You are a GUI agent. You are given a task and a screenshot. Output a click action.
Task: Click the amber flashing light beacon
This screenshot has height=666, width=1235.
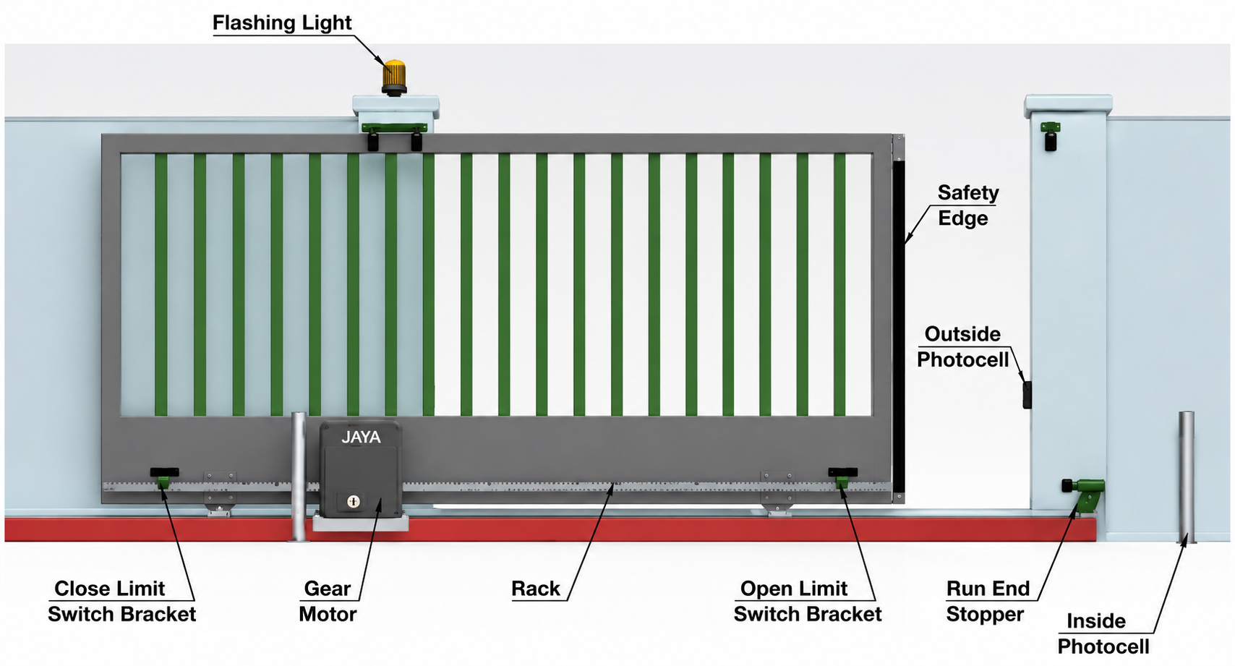[394, 77]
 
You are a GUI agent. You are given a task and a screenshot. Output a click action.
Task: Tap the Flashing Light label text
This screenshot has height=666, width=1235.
[282, 22]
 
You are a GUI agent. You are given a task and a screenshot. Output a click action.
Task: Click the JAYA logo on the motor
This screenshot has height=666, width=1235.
[361, 437]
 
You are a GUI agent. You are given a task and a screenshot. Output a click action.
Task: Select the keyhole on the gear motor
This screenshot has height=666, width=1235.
[354, 501]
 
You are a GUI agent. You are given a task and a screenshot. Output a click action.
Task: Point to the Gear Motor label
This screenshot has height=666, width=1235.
[328, 601]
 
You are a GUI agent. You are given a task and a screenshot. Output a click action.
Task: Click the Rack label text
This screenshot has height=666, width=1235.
[535, 588]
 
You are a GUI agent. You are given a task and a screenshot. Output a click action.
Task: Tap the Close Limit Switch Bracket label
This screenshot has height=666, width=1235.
[122, 601]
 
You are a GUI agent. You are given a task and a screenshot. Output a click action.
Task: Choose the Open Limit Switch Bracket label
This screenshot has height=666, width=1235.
[807, 601]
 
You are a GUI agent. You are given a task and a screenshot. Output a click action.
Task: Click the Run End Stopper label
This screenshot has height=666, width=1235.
[988, 601]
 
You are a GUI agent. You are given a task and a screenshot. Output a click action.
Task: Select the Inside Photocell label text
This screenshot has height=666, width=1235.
[1103, 633]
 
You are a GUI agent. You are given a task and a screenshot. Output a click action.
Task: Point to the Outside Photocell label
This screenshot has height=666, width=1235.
[962, 347]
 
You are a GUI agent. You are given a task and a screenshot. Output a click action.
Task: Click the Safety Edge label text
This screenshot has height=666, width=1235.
[967, 205]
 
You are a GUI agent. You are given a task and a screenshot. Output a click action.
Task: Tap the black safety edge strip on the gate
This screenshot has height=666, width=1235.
[899, 326]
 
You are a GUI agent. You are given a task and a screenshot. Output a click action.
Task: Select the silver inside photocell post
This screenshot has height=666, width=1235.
[1187, 477]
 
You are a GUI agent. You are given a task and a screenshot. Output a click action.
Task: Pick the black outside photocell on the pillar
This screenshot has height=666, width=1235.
[1027, 395]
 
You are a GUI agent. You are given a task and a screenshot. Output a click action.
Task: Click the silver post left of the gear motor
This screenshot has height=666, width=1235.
[299, 477]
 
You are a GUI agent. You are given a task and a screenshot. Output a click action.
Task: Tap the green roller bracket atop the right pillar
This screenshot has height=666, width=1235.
[1051, 136]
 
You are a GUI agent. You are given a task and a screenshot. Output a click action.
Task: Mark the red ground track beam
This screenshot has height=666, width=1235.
[550, 529]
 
